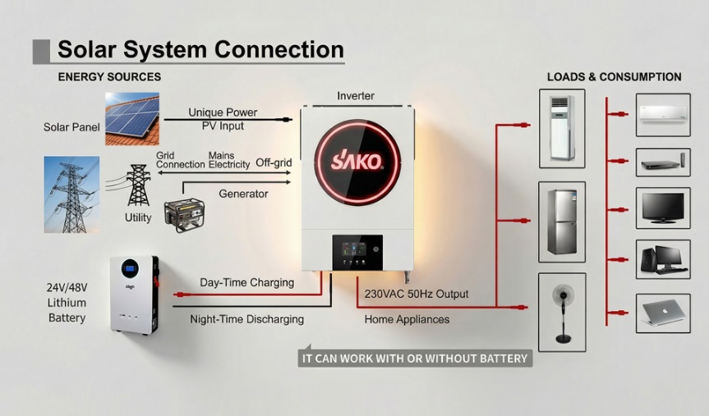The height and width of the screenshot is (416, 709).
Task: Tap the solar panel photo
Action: tap(131, 119)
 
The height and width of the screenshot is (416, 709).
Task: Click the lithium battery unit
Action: tap(134, 294)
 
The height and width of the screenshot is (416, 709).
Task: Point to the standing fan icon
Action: tap(562, 313)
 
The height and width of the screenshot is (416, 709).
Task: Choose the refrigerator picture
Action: tap(562, 222)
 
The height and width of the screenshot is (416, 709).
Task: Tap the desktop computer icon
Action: tap(662, 259)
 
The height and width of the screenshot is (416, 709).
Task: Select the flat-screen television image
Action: tap(662, 208)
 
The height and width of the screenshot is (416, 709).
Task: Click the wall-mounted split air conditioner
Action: tap(662, 114)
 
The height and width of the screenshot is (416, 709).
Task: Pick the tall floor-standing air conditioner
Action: tap(562, 128)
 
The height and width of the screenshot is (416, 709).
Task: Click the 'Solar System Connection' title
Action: tap(200, 49)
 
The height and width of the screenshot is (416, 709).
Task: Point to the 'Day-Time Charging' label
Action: tap(246, 282)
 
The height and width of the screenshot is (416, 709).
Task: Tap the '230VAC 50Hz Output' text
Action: tap(417, 294)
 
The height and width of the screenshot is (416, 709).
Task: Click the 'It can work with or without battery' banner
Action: tap(415, 359)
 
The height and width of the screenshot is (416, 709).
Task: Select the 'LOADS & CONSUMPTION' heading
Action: tap(614, 77)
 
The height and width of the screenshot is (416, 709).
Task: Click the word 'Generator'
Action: tap(243, 194)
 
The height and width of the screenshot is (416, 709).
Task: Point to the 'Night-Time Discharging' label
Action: tap(246, 319)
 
